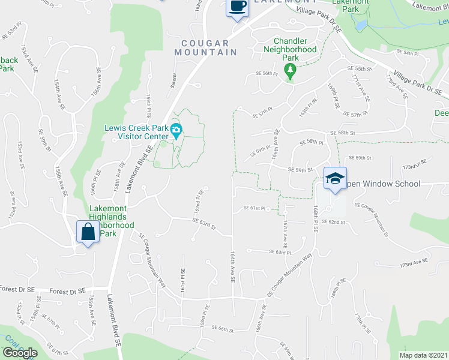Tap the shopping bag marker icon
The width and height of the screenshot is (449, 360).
(x=88, y=232)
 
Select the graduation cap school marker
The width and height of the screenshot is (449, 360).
(x=335, y=178)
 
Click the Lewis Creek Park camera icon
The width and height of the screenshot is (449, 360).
(x=176, y=130)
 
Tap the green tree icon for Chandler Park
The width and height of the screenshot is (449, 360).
(x=291, y=71)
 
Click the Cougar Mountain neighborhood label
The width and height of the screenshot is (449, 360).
(x=206, y=48)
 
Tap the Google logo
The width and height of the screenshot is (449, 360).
(x=20, y=353)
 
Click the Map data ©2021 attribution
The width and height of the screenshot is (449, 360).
(x=424, y=355)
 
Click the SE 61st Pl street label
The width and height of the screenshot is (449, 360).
(x=254, y=209)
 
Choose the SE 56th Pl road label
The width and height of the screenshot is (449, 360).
(x=268, y=73)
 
